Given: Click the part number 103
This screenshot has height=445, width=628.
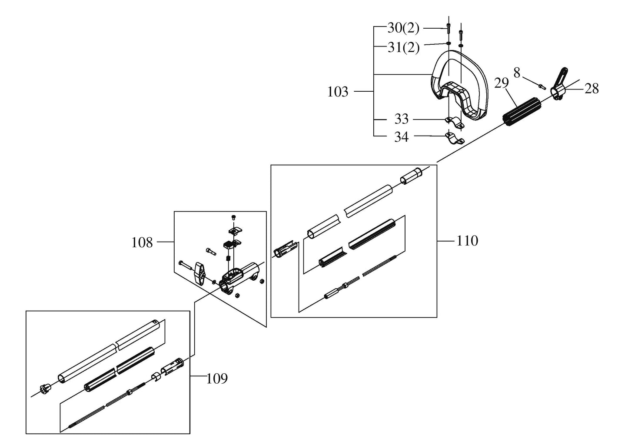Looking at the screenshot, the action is (338, 92).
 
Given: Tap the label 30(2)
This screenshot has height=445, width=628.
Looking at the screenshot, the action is (403, 28).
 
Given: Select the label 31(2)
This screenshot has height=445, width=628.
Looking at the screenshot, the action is (404, 48).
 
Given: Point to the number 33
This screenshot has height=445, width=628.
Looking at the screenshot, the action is (402, 119).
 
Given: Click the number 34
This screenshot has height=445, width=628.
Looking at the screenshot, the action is (402, 137).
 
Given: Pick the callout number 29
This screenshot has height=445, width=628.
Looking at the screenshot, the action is (501, 83).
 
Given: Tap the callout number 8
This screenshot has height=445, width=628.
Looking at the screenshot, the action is (517, 73).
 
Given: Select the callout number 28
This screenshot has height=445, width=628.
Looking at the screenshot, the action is (591, 89).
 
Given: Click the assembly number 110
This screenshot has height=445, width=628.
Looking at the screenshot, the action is (467, 241).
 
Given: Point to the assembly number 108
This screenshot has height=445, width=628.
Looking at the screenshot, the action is (142, 242).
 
